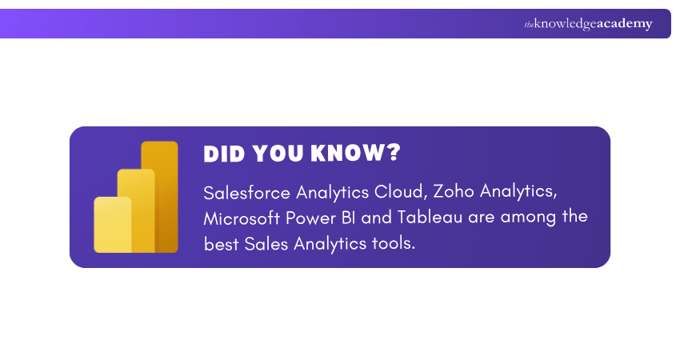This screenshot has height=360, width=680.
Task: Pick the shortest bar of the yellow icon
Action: (x=112, y=225)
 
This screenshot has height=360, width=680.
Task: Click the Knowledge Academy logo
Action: (x=588, y=24)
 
